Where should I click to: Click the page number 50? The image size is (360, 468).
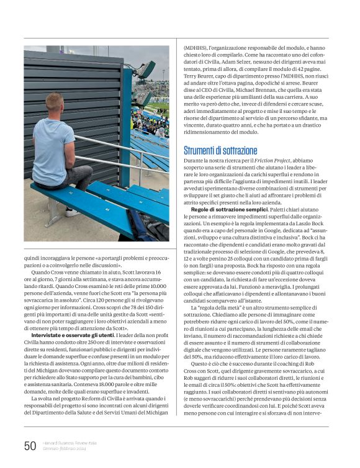[x=30, y=445]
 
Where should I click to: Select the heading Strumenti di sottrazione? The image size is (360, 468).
[x=220, y=150]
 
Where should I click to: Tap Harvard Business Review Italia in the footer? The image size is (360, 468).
[x=70, y=443]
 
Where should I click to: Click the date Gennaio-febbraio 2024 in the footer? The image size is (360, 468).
[x=66, y=449]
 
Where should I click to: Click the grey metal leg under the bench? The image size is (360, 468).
[x=53, y=211]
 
